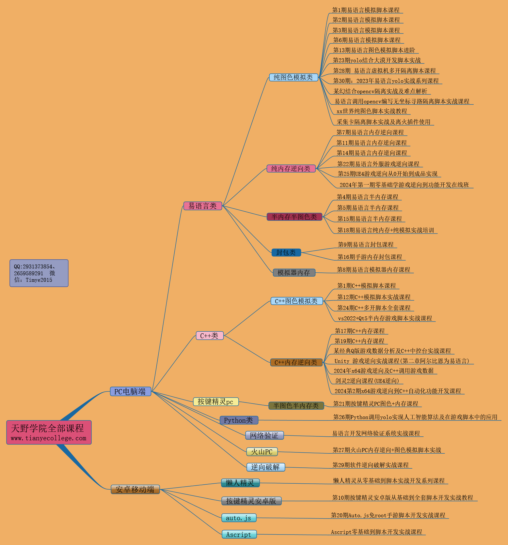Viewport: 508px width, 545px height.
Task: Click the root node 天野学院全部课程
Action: (x=49, y=432)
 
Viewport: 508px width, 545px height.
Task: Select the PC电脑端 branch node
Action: (x=130, y=391)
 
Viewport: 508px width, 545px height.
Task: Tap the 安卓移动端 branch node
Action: (x=135, y=489)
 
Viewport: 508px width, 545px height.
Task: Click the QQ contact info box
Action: (x=39, y=273)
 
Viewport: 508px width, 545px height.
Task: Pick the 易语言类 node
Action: (x=202, y=206)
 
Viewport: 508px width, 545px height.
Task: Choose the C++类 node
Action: (x=210, y=336)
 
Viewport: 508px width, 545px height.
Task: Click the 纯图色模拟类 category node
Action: (x=293, y=77)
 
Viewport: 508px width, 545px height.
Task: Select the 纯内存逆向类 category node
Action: (x=291, y=169)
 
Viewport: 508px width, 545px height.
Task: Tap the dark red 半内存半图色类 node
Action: (x=294, y=217)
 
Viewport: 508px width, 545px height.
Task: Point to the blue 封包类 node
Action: (x=286, y=252)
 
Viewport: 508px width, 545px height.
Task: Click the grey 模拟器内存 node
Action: (x=294, y=273)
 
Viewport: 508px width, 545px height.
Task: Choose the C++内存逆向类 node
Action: (x=296, y=362)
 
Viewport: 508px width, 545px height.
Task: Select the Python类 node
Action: (x=239, y=420)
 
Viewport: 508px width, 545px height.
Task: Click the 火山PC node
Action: (x=262, y=452)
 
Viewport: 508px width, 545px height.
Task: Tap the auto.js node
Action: (x=239, y=518)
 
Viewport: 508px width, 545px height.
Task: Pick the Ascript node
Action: (x=239, y=535)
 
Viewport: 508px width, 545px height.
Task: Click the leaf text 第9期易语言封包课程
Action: (x=366, y=245)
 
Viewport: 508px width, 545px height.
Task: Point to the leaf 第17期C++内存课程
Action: (x=360, y=331)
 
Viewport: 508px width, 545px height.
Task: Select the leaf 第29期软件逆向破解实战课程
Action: (x=371, y=465)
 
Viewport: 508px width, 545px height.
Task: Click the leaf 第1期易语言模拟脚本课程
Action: (x=366, y=10)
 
